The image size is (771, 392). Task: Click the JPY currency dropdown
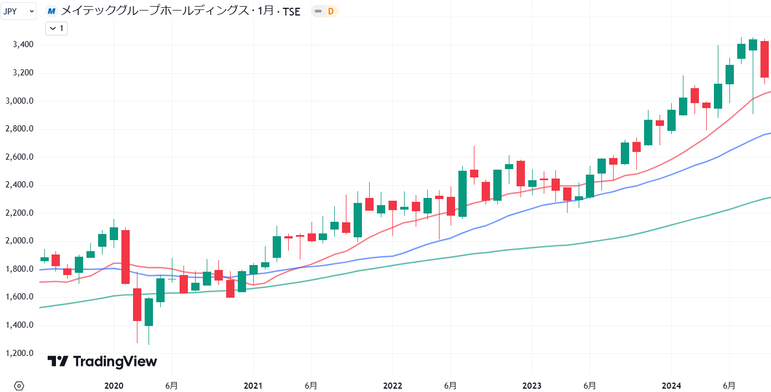(x=18, y=11)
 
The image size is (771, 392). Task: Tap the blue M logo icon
(x=52, y=11)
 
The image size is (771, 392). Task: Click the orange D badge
(x=330, y=11)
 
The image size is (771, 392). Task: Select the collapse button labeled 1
(x=56, y=28)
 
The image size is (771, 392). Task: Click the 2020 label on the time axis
(x=114, y=385)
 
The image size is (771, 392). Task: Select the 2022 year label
(x=392, y=385)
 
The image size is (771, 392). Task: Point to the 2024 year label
(x=671, y=385)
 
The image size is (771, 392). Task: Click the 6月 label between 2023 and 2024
(x=590, y=385)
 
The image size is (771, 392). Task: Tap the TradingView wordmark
(x=102, y=362)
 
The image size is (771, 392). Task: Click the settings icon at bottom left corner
(x=19, y=385)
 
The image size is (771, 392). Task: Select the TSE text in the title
(x=292, y=11)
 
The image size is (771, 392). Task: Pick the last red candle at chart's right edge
(x=764, y=59)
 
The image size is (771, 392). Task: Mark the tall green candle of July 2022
(x=462, y=194)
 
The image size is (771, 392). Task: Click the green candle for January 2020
(x=114, y=233)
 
